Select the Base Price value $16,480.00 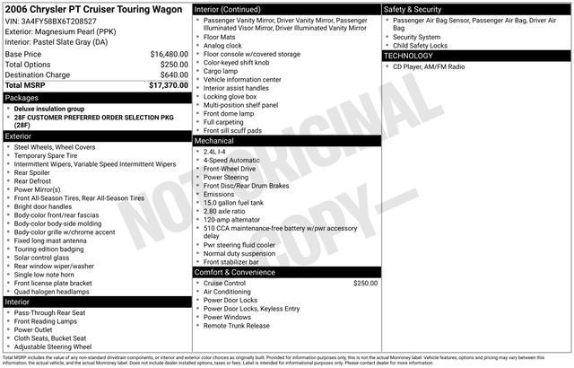pyautogui.click(x=169, y=54)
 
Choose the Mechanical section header pyautogui.click(x=214, y=141)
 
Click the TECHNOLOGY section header pyautogui.click(x=410, y=56)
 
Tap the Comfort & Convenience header pyautogui.click(x=235, y=272)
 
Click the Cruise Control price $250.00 pyautogui.click(x=365, y=283)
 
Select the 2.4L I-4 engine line pyautogui.click(x=215, y=152)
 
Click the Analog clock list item pyautogui.click(x=222, y=45)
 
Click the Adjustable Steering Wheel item pyautogui.click(x=65, y=346)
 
